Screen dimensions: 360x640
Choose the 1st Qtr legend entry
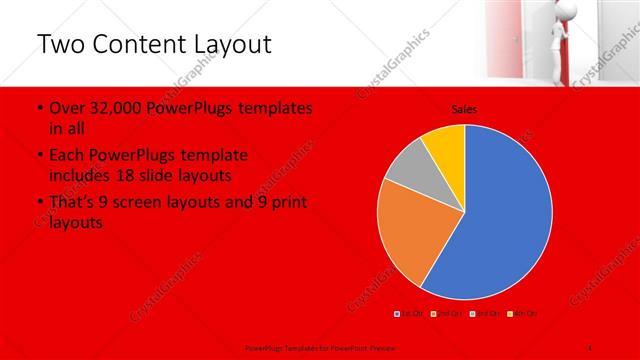point(410,314)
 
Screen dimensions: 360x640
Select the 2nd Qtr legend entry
point(446,314)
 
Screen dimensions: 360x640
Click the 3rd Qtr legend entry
point(482,314)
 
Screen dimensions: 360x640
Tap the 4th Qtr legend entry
point(519,314)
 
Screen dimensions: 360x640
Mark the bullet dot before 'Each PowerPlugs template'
point(39,156)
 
